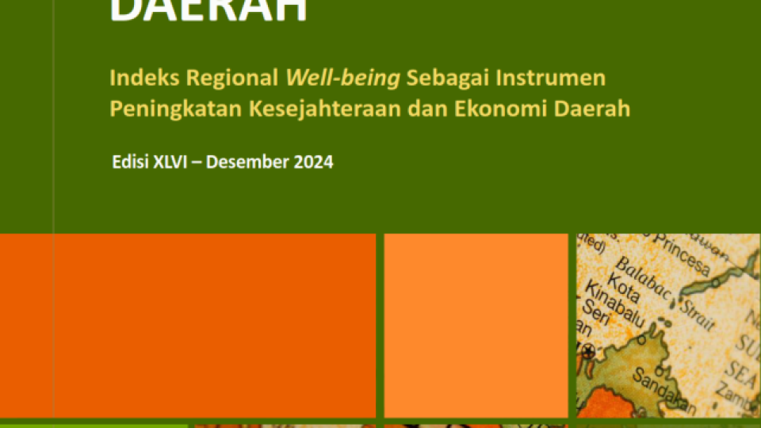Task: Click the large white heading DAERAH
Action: click(x=208, y=12)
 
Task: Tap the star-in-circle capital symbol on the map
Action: click(x=588, y=350)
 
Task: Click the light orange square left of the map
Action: click(x=476, y=325)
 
